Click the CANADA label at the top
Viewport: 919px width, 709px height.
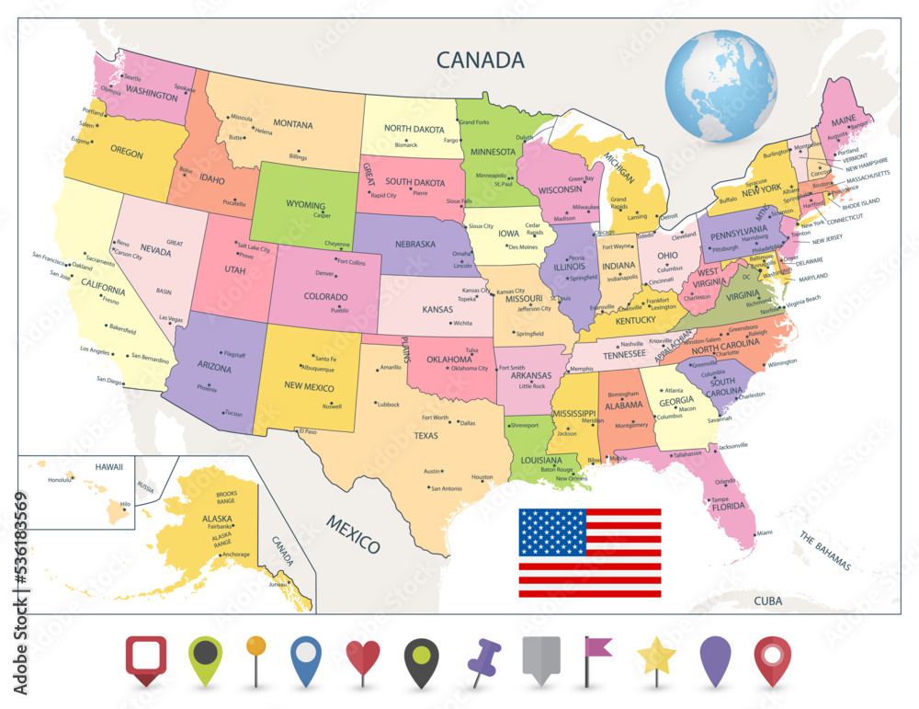coord(480,61)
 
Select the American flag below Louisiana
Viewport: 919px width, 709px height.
coord(589,552)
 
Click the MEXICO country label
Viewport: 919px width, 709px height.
coord(352,534)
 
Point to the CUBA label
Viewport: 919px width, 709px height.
coord(767,600)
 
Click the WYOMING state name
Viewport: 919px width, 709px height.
coord(305,205)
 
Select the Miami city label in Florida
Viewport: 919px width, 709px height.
coord(765,532)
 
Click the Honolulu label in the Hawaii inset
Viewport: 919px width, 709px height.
coord(60,480)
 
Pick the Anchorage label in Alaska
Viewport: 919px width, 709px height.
coord(236,555)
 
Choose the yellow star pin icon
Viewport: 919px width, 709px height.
coord(657,657)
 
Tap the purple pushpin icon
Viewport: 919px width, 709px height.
coord(482,658)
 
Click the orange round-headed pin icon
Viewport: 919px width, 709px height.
coord(255,647)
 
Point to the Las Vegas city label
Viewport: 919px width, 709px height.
coord(171,318)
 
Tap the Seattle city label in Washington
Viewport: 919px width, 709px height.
coord(132,78)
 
